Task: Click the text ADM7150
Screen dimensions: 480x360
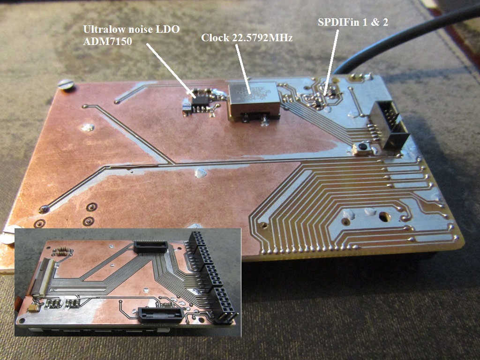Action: click(107, 41)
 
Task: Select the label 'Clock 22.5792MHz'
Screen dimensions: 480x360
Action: click(247, 37)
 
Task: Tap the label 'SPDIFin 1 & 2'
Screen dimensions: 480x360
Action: click(353, 22)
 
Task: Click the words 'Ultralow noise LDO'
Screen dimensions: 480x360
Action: click(131, 29)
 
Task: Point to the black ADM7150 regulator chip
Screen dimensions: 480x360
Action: click(201, 103)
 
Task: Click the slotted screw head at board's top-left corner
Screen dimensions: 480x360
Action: click(67, 84)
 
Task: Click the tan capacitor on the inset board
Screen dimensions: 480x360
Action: click(34, 307)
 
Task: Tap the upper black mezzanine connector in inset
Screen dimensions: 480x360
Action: click(151, 246)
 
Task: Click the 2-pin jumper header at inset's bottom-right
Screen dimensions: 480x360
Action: click(226, 318)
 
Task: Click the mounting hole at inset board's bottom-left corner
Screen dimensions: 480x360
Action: click(22, 321)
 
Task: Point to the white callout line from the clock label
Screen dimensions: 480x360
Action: click(243, 68)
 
